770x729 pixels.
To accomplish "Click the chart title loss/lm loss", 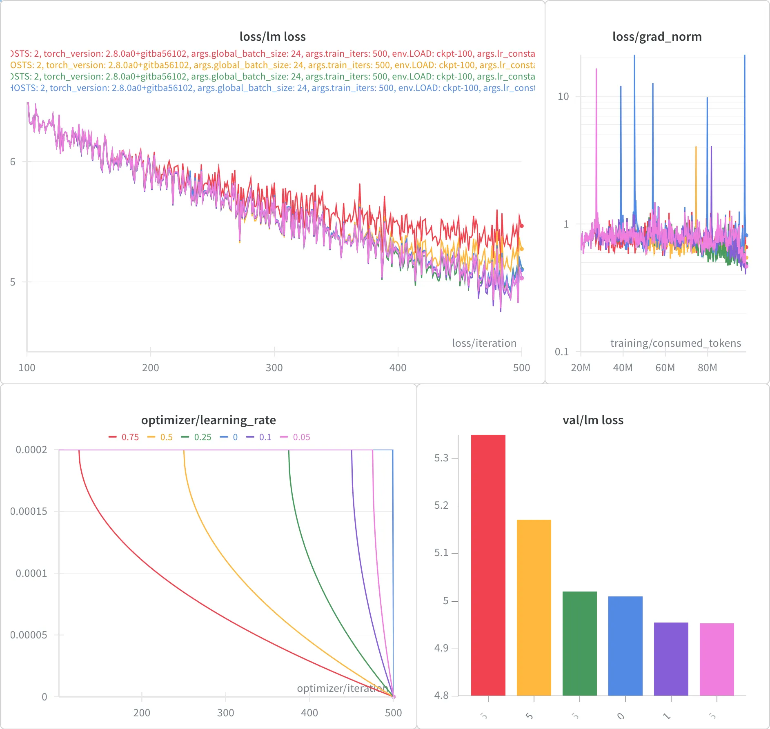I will (272, 37).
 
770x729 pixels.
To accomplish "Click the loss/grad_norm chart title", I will (657, 37).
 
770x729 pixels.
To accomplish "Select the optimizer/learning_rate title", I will (208, 420).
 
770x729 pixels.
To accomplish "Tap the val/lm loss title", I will (593, 420).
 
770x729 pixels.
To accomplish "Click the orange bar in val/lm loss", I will (534, 608).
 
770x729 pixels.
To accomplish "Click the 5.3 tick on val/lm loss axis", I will (441, 458).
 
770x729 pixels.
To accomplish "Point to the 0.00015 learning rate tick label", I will (29, 511).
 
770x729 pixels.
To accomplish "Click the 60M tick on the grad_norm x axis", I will (665, 368).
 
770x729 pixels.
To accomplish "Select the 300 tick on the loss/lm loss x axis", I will (274, 368).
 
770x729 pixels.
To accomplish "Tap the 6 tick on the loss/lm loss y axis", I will (13, 162).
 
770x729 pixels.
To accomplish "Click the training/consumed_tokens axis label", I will (675, 343).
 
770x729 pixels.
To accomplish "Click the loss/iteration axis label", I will (484, 343).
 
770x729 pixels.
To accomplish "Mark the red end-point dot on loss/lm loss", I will (521, 226).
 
